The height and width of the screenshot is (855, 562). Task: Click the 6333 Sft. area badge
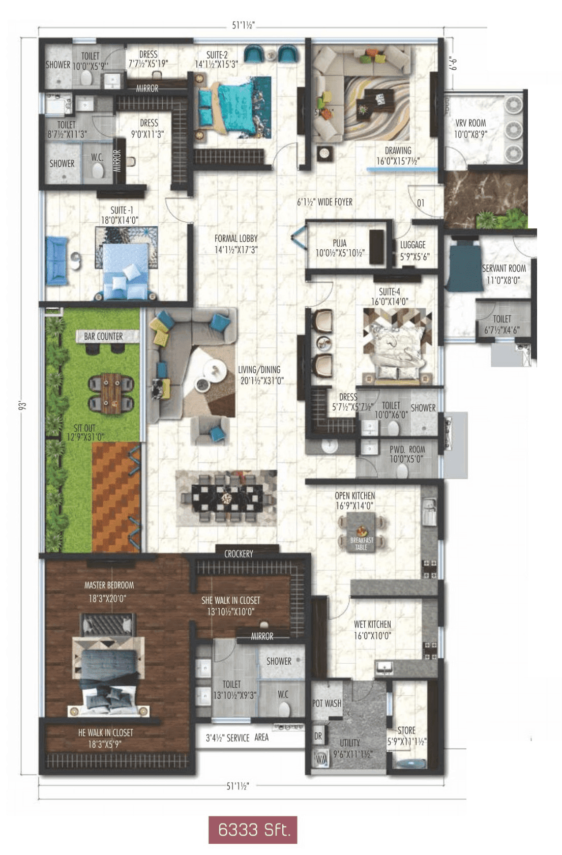(253, 830)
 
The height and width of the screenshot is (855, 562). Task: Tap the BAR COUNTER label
(103, 336)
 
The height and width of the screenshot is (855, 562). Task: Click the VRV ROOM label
(470, 123)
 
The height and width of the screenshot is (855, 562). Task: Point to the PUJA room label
(340, 243)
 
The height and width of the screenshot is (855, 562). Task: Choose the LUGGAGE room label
(413, 245)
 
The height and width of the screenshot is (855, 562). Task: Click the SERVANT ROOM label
(504, 268)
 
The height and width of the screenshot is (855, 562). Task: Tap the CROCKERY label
(239, 554)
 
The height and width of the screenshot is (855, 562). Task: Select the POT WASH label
(327, 703)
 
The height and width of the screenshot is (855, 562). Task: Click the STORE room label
(406, 730)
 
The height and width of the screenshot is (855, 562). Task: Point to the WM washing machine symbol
(321, 759)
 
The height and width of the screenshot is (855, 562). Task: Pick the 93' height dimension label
(22, 405)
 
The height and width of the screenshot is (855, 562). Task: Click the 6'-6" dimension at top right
(453, 63)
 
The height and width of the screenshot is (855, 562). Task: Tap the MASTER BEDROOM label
(109, 585)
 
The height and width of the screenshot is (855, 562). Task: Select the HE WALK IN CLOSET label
(105, 733)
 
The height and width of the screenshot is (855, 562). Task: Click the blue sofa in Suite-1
(56, 260)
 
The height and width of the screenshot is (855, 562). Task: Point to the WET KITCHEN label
(372, 624)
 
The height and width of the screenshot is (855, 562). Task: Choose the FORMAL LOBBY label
(236, 238)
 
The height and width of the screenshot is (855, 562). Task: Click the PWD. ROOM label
(407, 450)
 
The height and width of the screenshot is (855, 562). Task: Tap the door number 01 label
(421, 203)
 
